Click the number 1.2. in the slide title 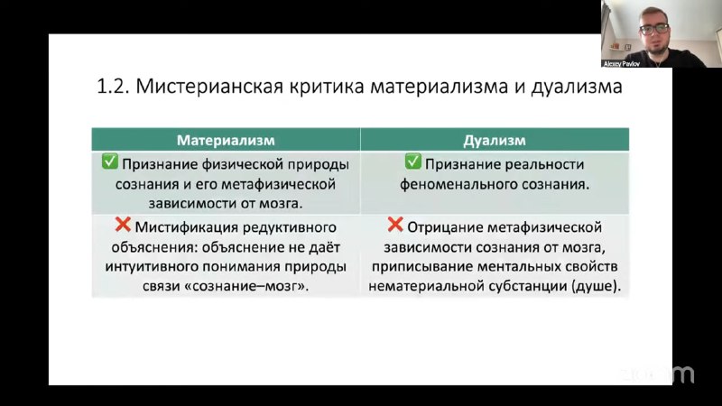(114, 87)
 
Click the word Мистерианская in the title (209, 87)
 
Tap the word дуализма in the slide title (577, 87)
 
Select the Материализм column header (226, 140)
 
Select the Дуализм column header (495, 140)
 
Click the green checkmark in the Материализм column (110, 161)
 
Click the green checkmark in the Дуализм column (413, 161)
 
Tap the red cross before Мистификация (123, 225)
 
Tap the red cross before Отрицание (395, 225)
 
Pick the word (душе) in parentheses (597, 286)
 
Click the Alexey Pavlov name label (622, 64)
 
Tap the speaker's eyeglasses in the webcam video (654, 29)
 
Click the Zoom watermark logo (658, 374)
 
